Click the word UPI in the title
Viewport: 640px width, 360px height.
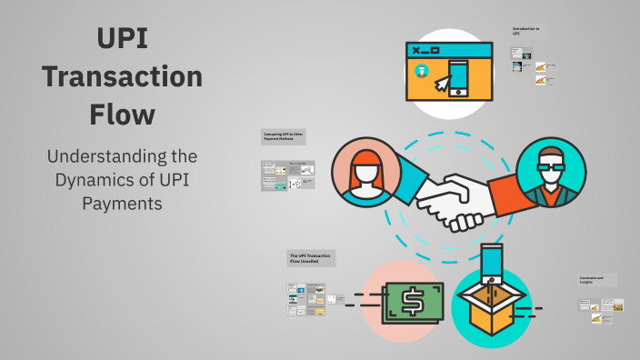click(123, 39)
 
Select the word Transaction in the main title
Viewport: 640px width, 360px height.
click(123, 77)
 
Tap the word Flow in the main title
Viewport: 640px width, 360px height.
click(123, 115)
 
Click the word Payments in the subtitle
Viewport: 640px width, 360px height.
click(123, 204)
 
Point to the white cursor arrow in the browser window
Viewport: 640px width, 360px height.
click(443, 85)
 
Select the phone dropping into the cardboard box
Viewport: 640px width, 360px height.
click(492, 261)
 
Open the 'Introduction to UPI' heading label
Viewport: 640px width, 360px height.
click(526, 32)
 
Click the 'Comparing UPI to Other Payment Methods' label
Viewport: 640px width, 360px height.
click(285, 137)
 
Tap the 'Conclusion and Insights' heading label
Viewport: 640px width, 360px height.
click(597, 280)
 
